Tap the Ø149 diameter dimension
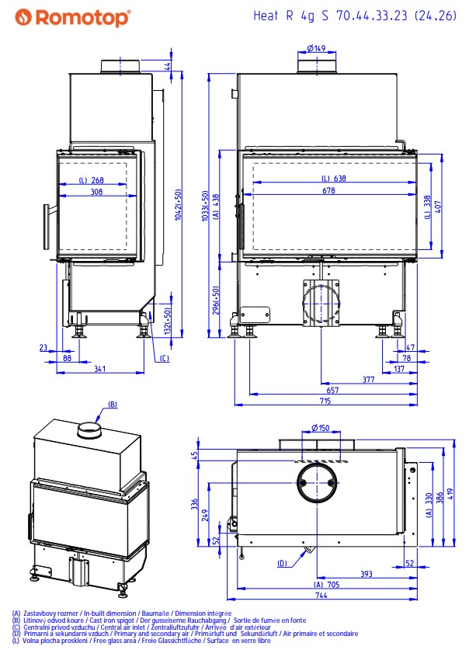coord(315,48)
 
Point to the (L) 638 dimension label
coord(334,179)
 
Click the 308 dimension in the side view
coord(96,190)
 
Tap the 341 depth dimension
coord(99,369)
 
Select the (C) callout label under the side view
coord(164,358)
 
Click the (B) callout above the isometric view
coord(112,405)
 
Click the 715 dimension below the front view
coord(324,401)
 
